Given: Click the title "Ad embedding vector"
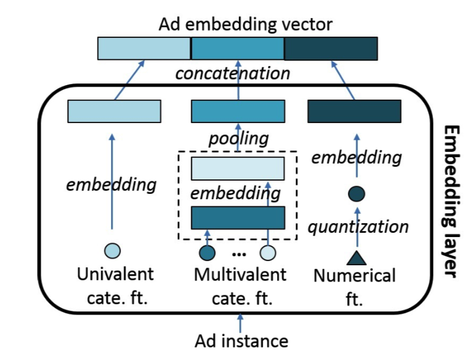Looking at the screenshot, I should pyautogui.click(x=245, y=25).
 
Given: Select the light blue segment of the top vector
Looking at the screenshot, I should pyautogui.click(x=144, y=49).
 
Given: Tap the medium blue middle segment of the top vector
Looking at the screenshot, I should pyautogui.click(x=237, y=49).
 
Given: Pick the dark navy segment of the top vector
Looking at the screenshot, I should pyautogui.click(x=331, y=49).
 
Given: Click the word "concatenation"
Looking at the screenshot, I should pyautogui.click(x=233, y=74).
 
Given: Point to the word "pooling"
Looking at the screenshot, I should pyautogui.click(x=238, y=138).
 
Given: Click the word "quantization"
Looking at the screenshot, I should pyautogui.click(x=358, y=227).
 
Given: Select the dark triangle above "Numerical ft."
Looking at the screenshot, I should pyautogui.click(x=356, y=258).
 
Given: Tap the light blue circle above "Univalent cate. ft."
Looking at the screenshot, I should pyautogui.click(x=112, y=250).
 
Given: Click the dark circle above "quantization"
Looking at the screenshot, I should pyautogui.click(x=356, y=194).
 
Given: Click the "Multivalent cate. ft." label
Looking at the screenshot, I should pyautogui.click(x=240, y=286).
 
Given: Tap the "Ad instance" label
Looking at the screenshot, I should pyautogui.click(x=241, y=341).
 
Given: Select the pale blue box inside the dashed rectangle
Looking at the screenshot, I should pyautogui.click(x=237, y=169).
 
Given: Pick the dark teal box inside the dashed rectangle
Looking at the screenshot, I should pyautogui.click(x=237, y=217).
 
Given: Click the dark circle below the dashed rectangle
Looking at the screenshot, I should pyautogui.click(x=206, y=253).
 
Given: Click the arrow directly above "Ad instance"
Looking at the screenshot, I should pyautogui.click(x=240, y=323).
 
